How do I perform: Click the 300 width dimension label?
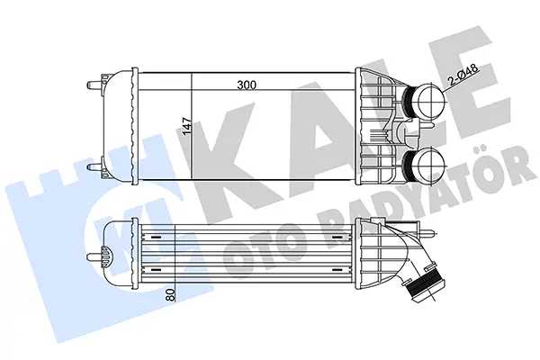click(x=247, y=85)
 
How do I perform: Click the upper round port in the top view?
click(x=431, y=102)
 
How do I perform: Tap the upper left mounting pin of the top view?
click(x=95, y=85)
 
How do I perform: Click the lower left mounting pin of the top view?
click(x=95, y=167)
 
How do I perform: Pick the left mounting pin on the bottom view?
click(x=95, y=257)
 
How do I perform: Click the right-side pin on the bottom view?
click(x=428, y=234)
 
